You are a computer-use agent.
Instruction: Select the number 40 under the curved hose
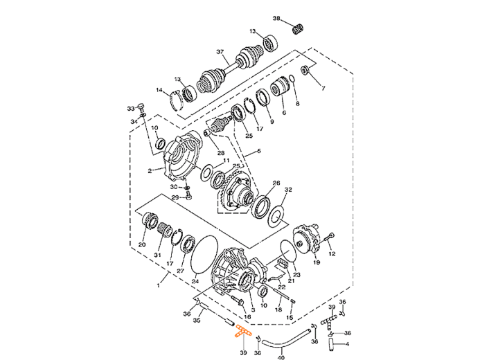[x=281, y=357]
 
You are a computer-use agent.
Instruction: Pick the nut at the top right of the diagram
[x=296, y=28]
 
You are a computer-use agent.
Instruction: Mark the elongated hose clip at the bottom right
[x=332, y=339]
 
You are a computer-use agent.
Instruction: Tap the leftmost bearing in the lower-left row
[x=147, y=222]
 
